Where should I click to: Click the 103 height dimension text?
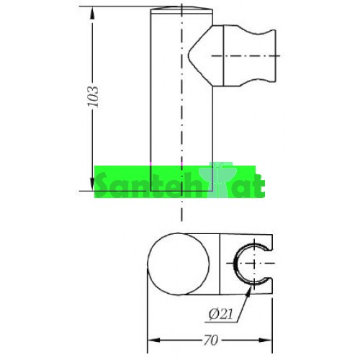(x=93, y=96)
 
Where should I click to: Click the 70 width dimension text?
(x=211, y=340)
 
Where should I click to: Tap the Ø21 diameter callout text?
(x=221, y=314)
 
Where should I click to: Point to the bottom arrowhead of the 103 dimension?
(x=92, y=184)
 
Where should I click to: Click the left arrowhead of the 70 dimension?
(x=153, y=340)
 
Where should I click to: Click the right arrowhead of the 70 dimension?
(x=266, y=340)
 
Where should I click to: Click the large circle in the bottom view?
(x=148, y=264)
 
